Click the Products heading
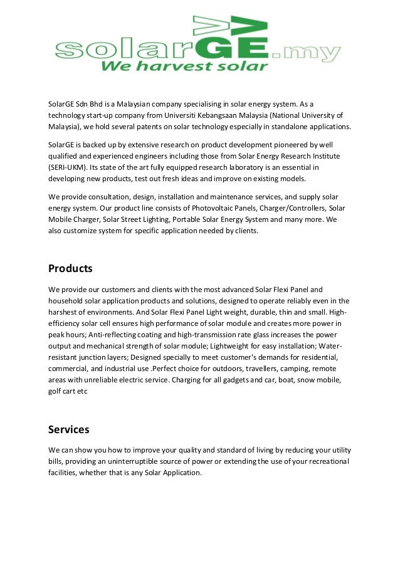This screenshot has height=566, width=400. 70,268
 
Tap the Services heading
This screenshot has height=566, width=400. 69,429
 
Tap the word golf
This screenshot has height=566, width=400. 57,391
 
